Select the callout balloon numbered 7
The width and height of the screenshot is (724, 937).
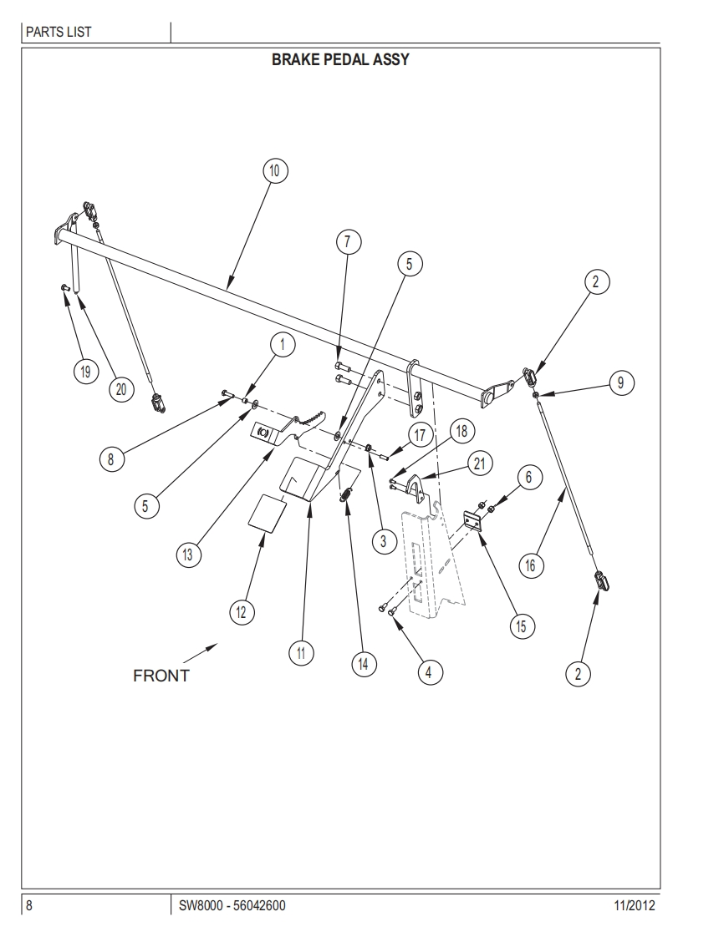pyautogui.click(x=349, y=242)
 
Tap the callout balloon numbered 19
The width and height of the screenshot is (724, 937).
pyautogui.click(x=84, y=372)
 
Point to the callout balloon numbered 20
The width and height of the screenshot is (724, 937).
pyautogui.click(x=120, y=388)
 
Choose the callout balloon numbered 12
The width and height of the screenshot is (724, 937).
pyautogui.click(x=241, y=612)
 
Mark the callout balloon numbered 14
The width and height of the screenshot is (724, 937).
pyautogui.click(x=363, y=664)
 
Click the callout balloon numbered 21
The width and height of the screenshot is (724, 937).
pyautogui.click(x=479, y=464)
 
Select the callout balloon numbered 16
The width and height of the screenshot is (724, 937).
pyautogui.click(x=530, y=565)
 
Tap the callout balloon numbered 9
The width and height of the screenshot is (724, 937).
pyautogui.click(x=620, y=383)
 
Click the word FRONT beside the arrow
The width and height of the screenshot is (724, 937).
pyautogui.click(x=161, y=676)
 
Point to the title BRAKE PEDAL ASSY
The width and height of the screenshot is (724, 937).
pyautogui.click(x=340, y=60)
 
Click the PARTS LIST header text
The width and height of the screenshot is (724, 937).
pyautogui.click(x=59, y=33)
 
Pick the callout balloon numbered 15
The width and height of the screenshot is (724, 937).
pyautogui.click(x=522, y=626)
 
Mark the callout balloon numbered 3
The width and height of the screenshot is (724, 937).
pyautogui.click(x=383, y=542)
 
